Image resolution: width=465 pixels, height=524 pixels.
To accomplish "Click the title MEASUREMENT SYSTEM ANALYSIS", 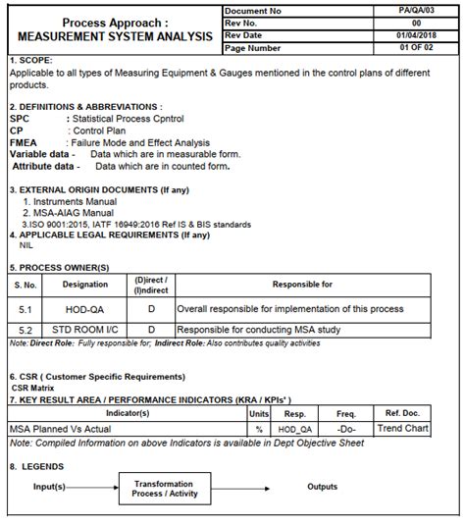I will [x=115, y=35].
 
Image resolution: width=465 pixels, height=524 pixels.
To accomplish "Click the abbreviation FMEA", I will [x=26, y=142].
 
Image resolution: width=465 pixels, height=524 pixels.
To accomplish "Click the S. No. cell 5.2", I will [x=25, y=331].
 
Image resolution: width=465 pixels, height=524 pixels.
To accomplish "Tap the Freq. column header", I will [x=346, y=414].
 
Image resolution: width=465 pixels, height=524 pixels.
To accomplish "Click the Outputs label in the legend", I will [x=322, y=487].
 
